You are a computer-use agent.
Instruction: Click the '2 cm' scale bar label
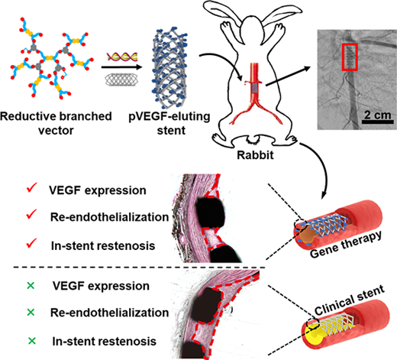(377, 115)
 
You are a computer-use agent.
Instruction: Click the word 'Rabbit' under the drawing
(255, 155)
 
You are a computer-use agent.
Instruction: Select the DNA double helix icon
(122, 57)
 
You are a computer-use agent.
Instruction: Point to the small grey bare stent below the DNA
(121, 79)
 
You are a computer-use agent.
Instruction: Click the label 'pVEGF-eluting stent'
(169, 123)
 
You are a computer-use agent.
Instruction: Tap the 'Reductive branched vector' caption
(56, 123)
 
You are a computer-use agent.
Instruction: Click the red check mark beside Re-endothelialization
(31, 215)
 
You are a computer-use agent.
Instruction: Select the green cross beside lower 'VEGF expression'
(31, 286)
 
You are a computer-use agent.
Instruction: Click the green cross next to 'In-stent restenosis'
(32, 341)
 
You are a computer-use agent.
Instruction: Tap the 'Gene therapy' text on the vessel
(346, 245)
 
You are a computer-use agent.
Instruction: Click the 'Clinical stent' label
(350, 300)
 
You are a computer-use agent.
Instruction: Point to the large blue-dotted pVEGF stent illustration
(169, 68)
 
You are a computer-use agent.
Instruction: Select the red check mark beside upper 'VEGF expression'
(31, 188)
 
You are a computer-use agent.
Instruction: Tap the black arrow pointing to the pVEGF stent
(121, 67)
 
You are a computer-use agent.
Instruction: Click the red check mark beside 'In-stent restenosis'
(31, 244)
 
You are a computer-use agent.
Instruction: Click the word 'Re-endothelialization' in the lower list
(109, 313)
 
